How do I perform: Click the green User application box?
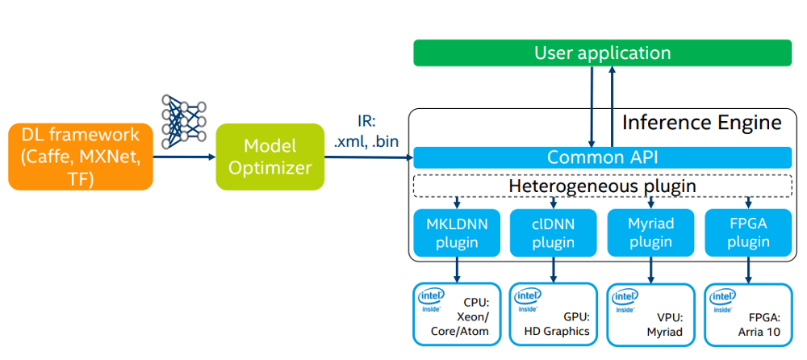pos(602,53)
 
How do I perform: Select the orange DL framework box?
pos(81,157)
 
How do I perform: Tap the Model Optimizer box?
pos(270,157)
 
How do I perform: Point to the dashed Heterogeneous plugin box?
pos(601,186)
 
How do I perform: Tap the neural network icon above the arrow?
pos(184,121)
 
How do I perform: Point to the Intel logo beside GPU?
pos(528,300)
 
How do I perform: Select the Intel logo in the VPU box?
pos(625,300)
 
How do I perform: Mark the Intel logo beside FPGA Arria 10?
pos(721,300)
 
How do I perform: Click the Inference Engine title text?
pos(701,123)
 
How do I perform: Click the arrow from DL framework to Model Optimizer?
pos(184,157)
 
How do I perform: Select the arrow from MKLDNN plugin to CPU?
pos(457,269)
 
